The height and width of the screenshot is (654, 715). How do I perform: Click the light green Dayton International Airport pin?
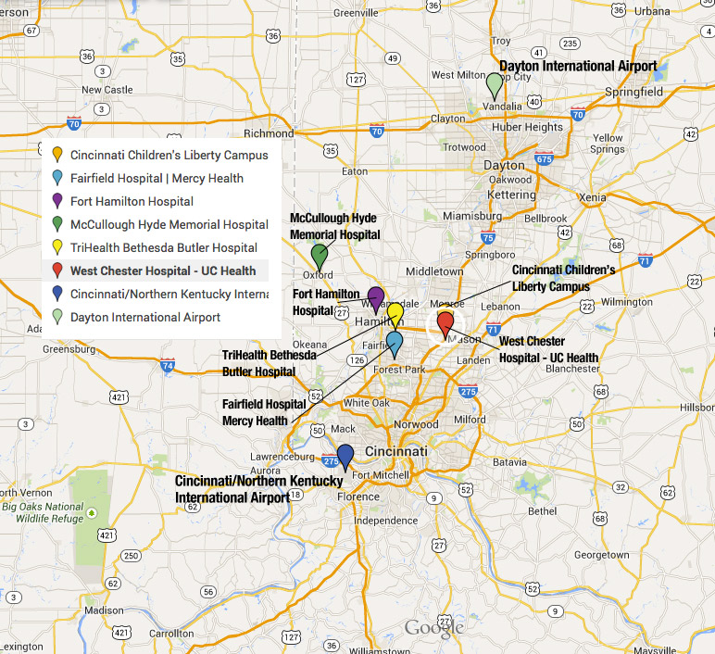point(495,84)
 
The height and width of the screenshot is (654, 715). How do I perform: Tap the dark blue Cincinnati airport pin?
point(345,456)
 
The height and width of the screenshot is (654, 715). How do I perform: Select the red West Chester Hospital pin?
point(445,324)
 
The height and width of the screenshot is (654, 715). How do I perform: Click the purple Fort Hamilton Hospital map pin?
point(376,298)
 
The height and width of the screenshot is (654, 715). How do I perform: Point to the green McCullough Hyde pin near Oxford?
point(320,255)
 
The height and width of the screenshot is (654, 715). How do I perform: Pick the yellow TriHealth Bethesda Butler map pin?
point(395,313)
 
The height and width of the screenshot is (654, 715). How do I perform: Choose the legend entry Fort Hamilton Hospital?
point(132,201)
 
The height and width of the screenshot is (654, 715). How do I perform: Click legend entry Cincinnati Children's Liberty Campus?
point(169,155)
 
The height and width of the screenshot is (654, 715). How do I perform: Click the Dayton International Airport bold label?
point(578,67)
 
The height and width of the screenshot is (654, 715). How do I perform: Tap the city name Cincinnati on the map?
point(395,451)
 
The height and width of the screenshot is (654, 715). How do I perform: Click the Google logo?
point(433,627)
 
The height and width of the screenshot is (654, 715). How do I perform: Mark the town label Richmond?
point(268,132)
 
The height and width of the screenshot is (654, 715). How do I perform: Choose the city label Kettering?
point(512,195)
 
